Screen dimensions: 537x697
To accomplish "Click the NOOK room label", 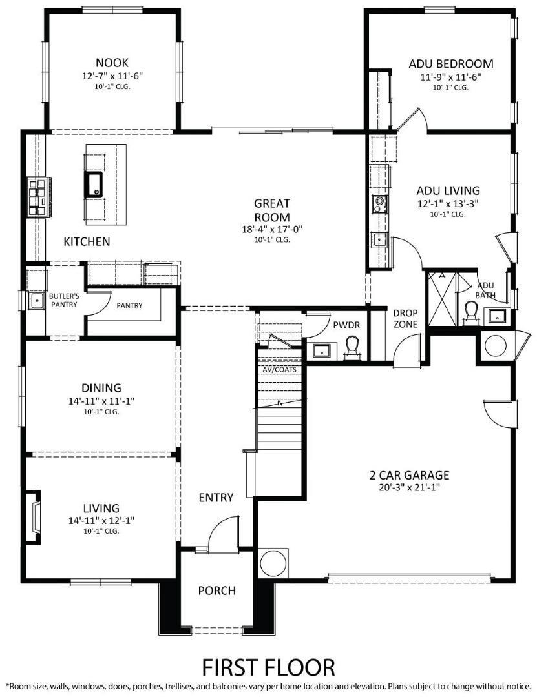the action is coord(112,62).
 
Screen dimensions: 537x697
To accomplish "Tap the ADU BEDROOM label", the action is coord(450,63).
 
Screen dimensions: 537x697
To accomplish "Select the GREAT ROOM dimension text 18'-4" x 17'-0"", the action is coord(271,229).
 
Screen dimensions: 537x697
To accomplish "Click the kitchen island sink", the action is coord(93,185).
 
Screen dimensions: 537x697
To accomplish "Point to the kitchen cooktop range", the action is coord(37,197).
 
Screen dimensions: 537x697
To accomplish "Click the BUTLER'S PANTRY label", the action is coord(64,300).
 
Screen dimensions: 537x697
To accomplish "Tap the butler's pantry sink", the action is coord(35,301).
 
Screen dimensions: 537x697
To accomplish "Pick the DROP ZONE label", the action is coord(405,318).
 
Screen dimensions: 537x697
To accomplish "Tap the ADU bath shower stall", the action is coord(441,298).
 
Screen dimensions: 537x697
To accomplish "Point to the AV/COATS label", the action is coord(279,369).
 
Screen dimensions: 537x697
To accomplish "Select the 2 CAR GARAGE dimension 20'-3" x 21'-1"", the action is coord(409,487).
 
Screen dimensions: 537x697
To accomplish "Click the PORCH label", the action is coord(217,591).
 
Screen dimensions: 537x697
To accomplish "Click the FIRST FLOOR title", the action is coord(269,667).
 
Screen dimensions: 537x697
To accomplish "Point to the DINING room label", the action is coord(101,388).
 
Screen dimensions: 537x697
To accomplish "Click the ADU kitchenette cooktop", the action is coord(379,205).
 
